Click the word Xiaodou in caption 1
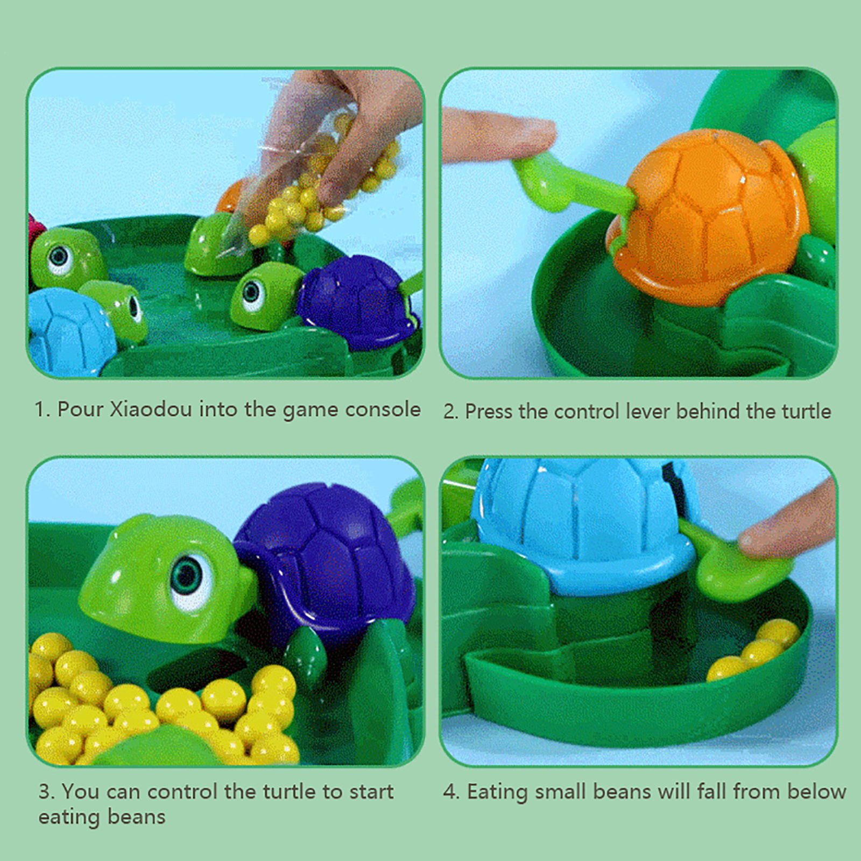click(150, 410)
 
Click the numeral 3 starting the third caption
click(45, 792)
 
